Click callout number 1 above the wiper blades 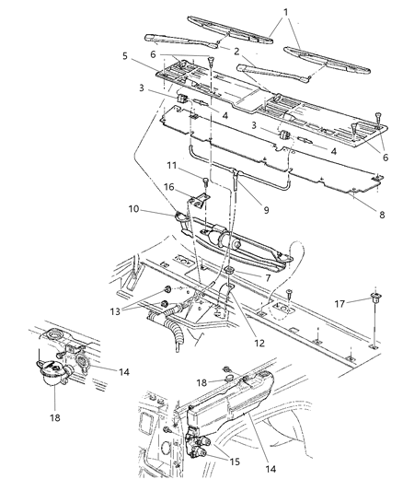[x=285, y=13]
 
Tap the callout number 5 [x=125, y=56]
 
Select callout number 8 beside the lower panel [x=382, y=215]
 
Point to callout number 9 [x=266, y=210]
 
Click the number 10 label [x=133, y=208]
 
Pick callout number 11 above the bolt [x=172, y=165]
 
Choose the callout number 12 [x=259, y=343]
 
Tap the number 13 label [x=115, y=311]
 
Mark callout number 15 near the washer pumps [x=235, y=462]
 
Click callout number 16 [x=168, y=187]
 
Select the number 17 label [x=340, y=303]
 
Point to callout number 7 [x=268, y=277]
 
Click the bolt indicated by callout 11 [x=205, y=181]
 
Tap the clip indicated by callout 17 [x=373, y=297]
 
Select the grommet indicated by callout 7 [x=230, y=270]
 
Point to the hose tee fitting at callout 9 [x=236, y=173]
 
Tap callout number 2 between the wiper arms [x=236, y=51]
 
